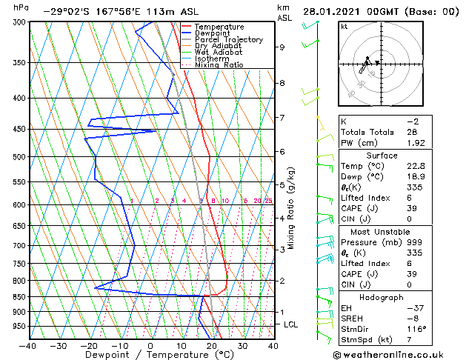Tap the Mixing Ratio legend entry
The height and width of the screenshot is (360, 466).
point(219,65)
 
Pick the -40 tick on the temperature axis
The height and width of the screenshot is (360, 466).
point(28,346)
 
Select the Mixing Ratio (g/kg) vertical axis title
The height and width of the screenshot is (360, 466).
point(292,207)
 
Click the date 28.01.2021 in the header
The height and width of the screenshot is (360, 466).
point(330,12)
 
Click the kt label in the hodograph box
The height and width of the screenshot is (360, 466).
point(344,27)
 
